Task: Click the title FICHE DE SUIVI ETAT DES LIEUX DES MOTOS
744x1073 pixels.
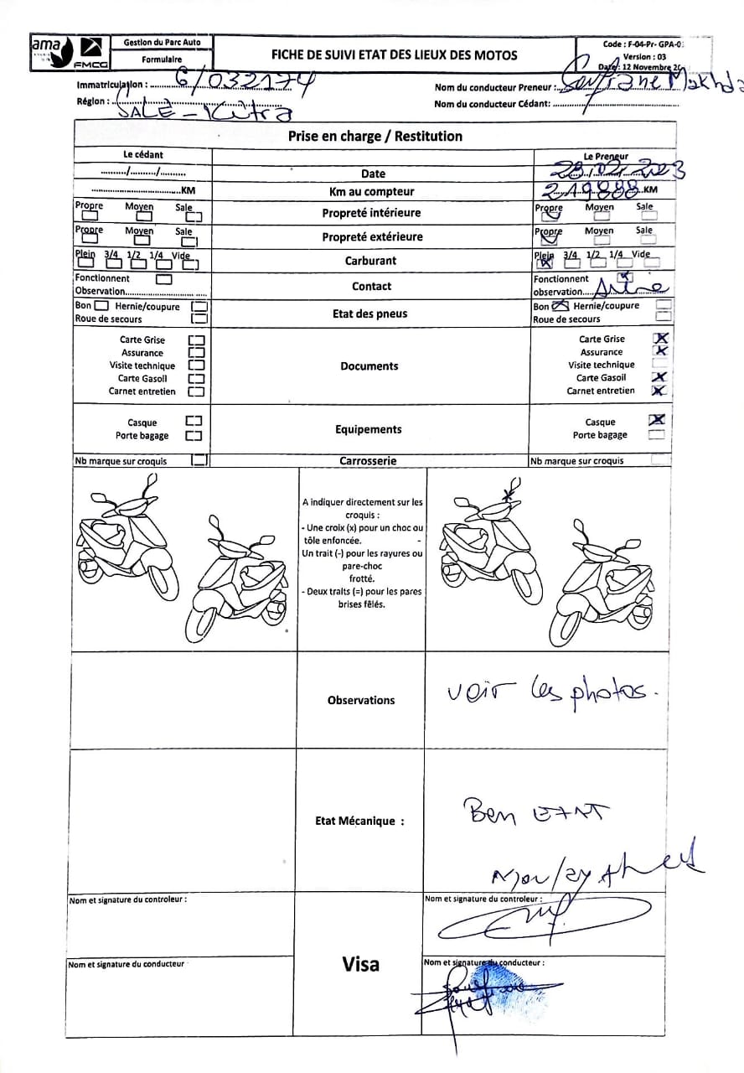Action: [394, 55]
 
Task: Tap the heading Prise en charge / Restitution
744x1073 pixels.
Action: [375, 136]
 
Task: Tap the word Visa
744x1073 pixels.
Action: [360, 964]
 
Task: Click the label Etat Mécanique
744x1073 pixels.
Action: [359, 821]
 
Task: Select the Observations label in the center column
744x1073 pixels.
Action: [360, 700]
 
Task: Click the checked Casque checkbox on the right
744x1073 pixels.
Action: [658, 420]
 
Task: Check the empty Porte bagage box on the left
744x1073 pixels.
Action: [194, 436]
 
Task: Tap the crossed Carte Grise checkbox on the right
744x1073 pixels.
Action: [661, 338]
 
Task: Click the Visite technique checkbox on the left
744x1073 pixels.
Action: [196, 365]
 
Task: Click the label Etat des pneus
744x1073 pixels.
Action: [369, 314]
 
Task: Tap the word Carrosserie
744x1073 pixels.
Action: [368, 460]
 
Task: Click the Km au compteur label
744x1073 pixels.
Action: [371, 192]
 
